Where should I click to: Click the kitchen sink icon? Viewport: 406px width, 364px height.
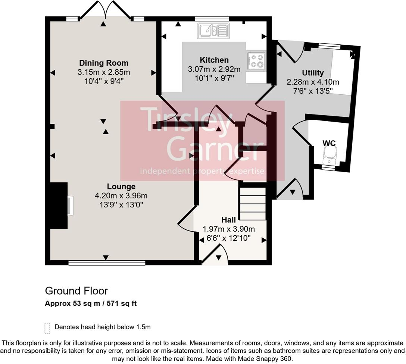coord(214,31)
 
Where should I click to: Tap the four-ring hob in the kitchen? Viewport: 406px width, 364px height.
coord(256,61)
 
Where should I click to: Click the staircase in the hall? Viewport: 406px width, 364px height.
coord(252,204)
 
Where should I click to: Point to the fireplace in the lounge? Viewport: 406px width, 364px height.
coord(70,205)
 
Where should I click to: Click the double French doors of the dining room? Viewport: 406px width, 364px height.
coord(106,10)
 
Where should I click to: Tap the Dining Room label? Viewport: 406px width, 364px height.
coord(103,63)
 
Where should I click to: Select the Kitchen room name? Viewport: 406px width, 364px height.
coord(214,60)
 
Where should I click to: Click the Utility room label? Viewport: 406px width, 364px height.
coord(313,73)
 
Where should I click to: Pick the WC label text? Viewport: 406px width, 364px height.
coord(329,143)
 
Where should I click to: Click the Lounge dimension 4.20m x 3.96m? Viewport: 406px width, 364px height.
coord(121,195)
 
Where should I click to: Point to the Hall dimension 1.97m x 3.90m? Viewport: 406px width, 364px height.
coord(228,229)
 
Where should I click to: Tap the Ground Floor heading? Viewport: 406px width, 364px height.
coord(76,291)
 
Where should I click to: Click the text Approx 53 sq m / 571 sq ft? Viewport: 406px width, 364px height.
coord(91,304)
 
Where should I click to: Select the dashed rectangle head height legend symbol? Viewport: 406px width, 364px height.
coord(47,328)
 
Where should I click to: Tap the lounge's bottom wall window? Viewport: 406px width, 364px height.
coord(107,263)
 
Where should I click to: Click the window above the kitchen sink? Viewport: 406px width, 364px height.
coord(212,18)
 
